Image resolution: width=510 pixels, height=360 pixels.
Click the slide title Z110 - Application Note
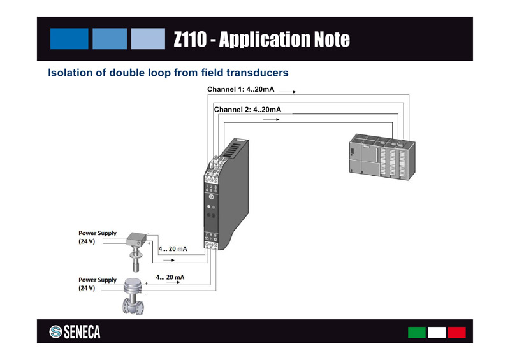point(261,40)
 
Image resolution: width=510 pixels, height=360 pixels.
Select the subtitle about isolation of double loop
point(168,73)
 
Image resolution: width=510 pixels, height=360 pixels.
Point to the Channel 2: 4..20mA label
point(247,110)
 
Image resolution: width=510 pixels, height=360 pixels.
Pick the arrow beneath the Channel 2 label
point(271,120)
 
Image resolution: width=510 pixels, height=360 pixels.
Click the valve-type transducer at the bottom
point(134,296)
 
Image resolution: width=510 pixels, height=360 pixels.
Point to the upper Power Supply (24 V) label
point(97,237)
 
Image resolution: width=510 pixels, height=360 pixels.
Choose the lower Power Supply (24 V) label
point(97,284)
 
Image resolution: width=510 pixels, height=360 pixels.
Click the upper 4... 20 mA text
point(172,249)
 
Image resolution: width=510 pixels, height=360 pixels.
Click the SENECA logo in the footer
point(75,332)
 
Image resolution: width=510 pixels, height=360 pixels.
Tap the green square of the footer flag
point(416,332)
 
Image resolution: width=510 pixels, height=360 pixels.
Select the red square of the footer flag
point(456,332)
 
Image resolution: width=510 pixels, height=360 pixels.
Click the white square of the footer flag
point(437,332)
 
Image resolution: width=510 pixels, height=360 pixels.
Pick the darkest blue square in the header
point(69,39)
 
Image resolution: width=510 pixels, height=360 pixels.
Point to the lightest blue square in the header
point(148,39)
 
